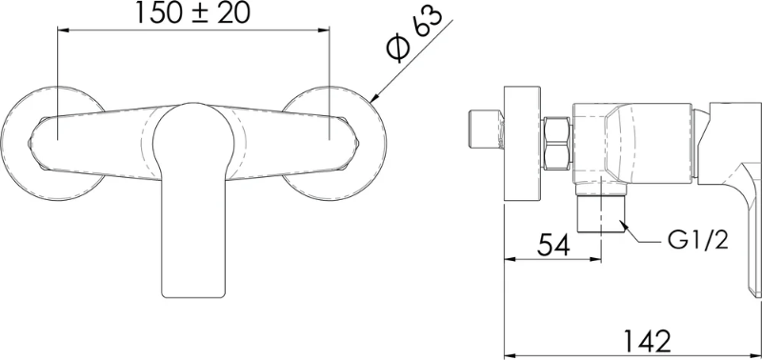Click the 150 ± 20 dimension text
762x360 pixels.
192,13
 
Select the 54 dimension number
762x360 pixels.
553,246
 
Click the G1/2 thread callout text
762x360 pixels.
698,239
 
